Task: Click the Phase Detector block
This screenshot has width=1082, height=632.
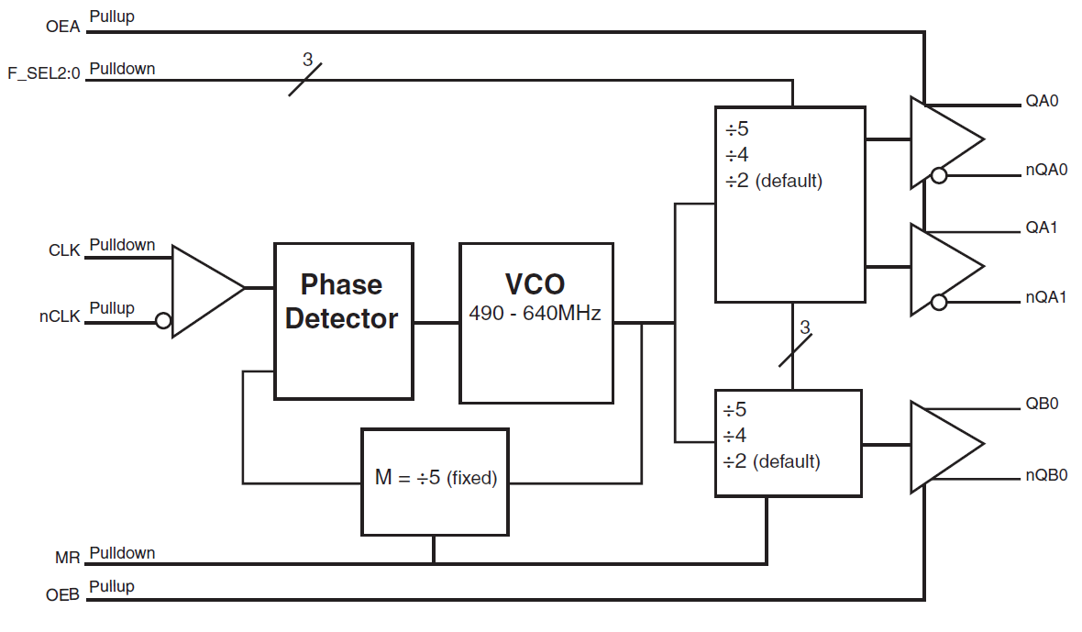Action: pyautogui.click(x=344, y=321)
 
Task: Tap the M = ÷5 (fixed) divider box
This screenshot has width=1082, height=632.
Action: pyautogui.click(x=435, y=481)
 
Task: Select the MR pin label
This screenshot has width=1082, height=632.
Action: pyautogui.click(x=67, y=557)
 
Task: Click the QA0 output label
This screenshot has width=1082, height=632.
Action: pyautogui.click(x=1042, y=101)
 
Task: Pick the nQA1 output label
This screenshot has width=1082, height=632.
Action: pyautogui.click(x=1046, y=298)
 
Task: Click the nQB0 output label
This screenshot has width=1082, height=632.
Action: pyautogui.click(x=1046, y=475)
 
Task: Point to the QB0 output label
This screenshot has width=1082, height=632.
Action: pyautogui.click(x=1042, y=404)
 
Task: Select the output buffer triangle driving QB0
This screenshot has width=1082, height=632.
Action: pyautogui.click(x=944, y=445)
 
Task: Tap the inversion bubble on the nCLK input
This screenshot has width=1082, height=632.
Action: pyautogui.click(x=163, y=321)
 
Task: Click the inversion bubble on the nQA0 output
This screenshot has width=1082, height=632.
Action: pyautogui.click(x=938, y=175)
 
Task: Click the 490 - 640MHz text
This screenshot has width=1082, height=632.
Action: pyautogui.click(x=535, y=314)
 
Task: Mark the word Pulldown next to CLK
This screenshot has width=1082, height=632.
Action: pyautogui.click(x=122, y=245)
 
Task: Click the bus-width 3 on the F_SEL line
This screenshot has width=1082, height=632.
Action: pyautogui.click(x=307, y=60)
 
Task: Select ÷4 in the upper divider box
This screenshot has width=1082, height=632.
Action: pyautogui.click(x=737, y=154)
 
